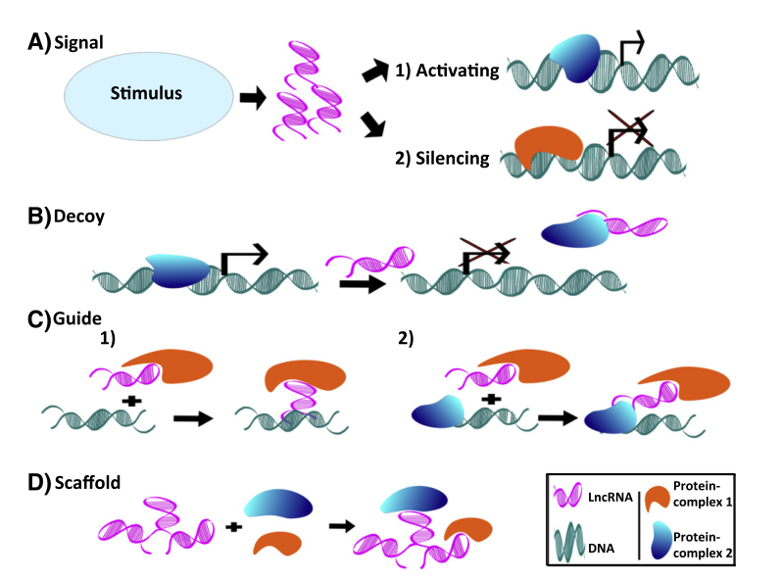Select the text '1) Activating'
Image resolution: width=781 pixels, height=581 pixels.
448,72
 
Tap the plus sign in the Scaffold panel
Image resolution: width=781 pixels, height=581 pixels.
234,527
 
